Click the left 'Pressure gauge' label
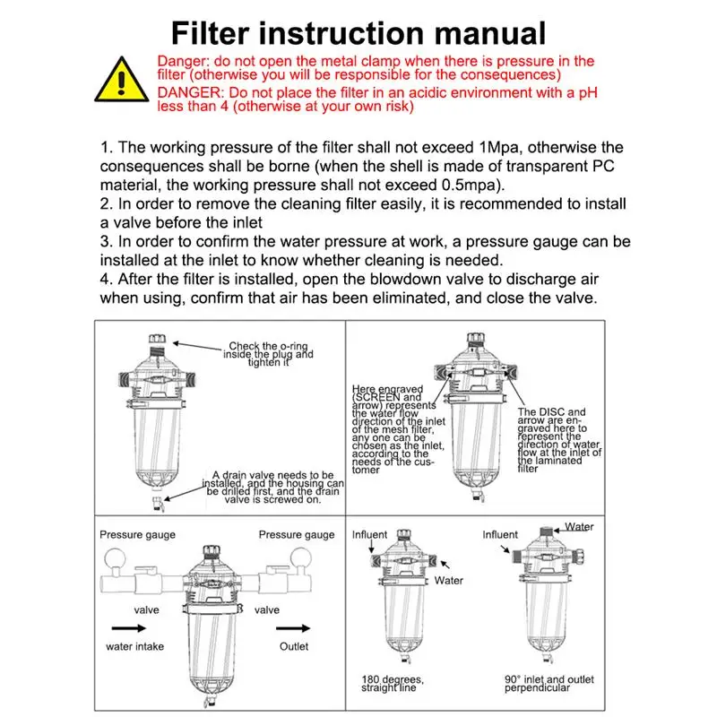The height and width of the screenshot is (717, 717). [137, 535]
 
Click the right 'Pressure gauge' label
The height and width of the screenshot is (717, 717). [297, 535]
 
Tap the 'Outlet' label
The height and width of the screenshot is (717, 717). [293, 646]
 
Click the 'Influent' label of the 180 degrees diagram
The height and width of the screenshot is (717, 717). [369, 535]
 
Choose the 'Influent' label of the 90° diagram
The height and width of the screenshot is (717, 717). [500, 535]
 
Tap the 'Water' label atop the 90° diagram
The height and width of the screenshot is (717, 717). [579, 527]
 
